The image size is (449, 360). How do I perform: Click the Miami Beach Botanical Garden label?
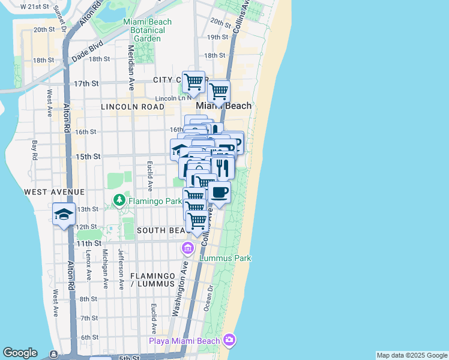point(147,30)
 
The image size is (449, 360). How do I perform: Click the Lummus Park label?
point(225,258)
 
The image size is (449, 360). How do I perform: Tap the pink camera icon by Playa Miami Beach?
point(229,340)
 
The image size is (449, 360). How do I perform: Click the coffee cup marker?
point(220,193)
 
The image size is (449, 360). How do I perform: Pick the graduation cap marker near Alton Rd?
point(64,214)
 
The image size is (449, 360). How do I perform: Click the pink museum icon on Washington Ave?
point(187,248)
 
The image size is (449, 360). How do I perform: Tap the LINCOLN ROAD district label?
point(133,107)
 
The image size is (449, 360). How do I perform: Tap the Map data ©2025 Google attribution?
point(412,355)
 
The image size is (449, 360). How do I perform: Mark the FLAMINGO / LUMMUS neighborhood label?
point(154,279)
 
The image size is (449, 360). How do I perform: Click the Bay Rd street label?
point(35,150)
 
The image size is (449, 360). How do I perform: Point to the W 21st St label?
point(34,7)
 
